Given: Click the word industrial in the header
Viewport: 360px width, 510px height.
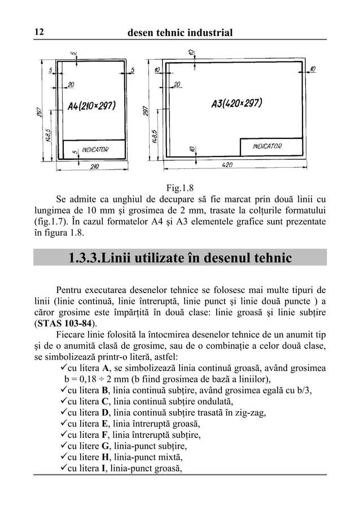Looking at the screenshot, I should (x=204, y=33).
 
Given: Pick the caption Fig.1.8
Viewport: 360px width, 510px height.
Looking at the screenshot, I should (x=179, y=189).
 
